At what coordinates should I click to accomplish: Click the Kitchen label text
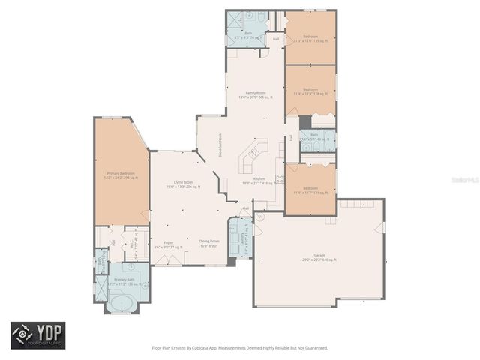(259, 181)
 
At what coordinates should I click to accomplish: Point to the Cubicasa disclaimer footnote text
(240, 348)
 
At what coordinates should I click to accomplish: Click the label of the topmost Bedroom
(310, 38)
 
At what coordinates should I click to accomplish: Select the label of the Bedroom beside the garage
(310, 190)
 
